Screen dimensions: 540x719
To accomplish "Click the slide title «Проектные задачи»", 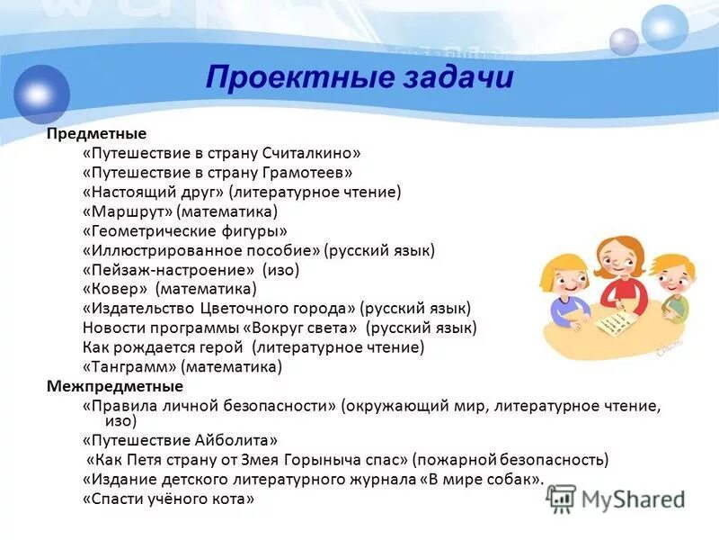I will point(359,77).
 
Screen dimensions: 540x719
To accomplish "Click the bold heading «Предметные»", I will point(96,134).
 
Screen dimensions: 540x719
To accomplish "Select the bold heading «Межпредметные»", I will point(114,386).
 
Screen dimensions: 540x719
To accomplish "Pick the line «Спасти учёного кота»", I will point(168,498).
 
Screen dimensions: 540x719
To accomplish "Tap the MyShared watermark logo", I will point(616,498).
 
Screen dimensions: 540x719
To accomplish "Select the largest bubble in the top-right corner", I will point(665,26).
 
